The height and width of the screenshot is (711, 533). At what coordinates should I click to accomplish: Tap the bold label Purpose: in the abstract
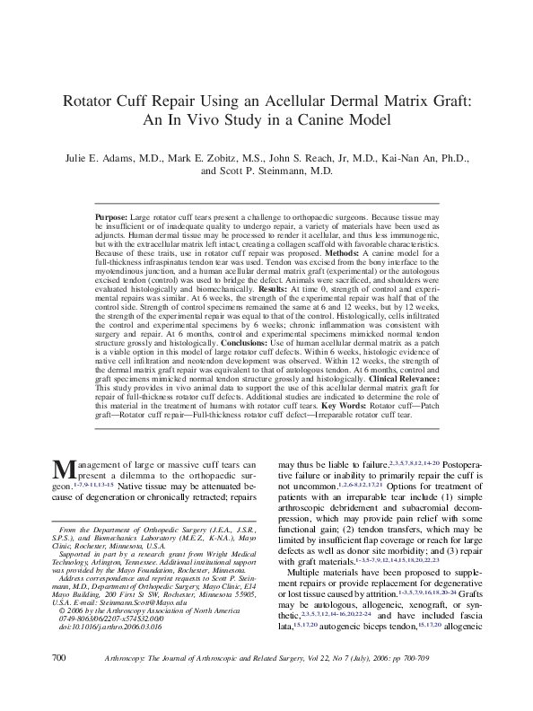(x=112, y=219)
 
